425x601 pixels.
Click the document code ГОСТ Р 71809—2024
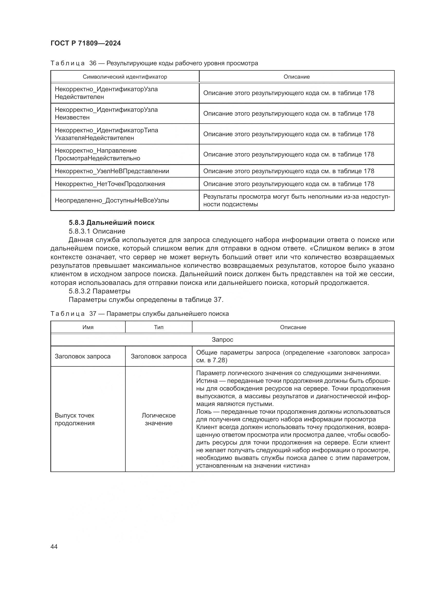[x=86, y=43]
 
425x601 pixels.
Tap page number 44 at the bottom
[x=54, y=547]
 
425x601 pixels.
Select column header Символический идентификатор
[x=125, y=77]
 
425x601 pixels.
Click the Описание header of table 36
[x=297, y=77]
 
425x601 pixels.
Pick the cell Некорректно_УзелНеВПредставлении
[x=112, y=171]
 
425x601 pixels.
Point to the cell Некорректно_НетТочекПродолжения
[x=110, y=184]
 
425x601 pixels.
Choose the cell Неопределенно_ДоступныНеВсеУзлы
[x=112, y=200]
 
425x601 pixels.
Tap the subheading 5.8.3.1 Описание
[x=97, y=231]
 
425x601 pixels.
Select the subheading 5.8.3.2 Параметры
[x=99, y=291]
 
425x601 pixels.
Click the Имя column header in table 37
[x=88, y=327]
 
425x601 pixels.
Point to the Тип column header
[x=159, y=327]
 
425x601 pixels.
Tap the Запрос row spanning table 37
[x=222, y=340]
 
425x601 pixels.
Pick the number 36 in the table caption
[x=93, y=63]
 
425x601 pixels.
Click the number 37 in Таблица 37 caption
[x=93, y=314]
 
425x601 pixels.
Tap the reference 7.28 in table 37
[x=218, y=360]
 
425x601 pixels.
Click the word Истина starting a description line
[x=207, y=381]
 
